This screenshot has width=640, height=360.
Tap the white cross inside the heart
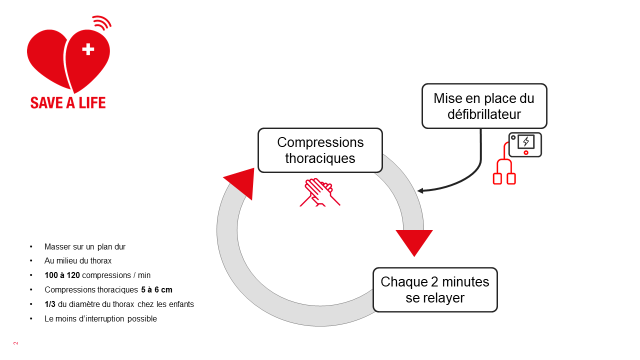pyautogui.click(x=88, y=49)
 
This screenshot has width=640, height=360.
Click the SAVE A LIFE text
pyautogui.click(x=68, y=102)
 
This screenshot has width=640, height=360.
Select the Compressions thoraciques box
pyautogui.click(x=320, y=150)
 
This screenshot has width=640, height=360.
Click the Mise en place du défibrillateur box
pyautogui.click(x=484, y=106)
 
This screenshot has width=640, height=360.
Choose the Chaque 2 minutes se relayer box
pyautogui.click(x=435, y=289)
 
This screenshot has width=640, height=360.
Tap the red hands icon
pyautogui.click(x=319, y=192)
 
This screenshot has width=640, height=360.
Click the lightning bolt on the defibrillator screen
pyautogui.click(x=525, y=141)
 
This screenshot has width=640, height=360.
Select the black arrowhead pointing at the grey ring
pyautogui.click(x=420, y=190)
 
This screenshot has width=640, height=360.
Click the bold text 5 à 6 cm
pyautogui.click(x=157, y=289)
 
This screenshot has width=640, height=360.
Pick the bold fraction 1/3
pyautogui.click(x=49, y=304)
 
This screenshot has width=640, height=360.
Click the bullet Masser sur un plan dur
pyautogui.click(x=85, y=246)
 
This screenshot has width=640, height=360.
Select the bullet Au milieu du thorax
pyautogui.click(x=78, y=260)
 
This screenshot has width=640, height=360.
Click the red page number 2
pyautogui.click(x=15, y=343)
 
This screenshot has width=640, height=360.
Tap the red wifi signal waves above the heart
pyautogui.click(x=102, y=22)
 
